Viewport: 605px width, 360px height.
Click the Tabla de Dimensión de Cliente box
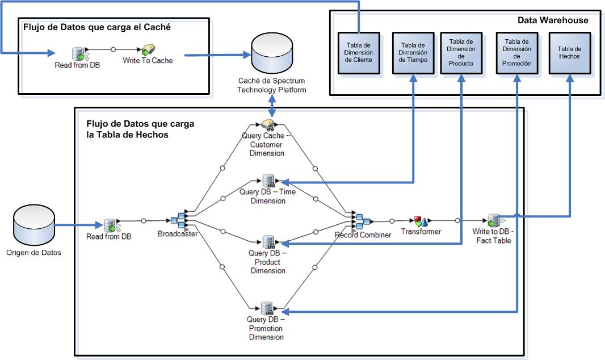pos(358,52)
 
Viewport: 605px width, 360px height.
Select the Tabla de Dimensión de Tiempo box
pos(413,52)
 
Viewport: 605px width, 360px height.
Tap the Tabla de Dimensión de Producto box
pos(461,52)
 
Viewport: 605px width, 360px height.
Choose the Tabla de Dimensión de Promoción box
pos(516,52)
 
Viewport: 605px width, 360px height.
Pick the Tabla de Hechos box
pos(569,52)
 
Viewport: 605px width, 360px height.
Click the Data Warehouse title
pos(553,20)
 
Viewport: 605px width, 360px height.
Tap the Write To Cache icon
pos(148,49)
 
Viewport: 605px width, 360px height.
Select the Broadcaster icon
pos(178,220)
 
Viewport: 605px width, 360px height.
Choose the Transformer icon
pos(421,220)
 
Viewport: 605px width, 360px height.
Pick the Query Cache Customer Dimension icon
pos(268,125)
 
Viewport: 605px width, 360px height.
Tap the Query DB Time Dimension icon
pos(268,181)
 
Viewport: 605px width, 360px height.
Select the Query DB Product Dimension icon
pos(268,242)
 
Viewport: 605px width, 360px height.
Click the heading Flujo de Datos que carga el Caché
pos(97,27)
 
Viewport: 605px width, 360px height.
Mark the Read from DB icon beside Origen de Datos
pos(110,226)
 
